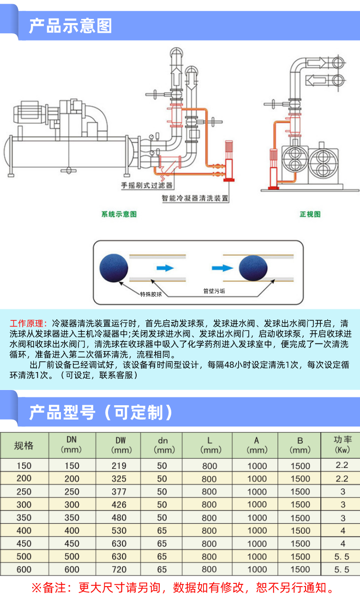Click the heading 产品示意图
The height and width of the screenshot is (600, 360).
click(x=70, y=26)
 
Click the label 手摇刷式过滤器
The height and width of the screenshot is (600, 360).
click(x=147, y=186)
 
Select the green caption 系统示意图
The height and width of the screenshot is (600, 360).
click(x=119, y=214)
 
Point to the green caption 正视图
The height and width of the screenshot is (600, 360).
click(x=310, y=214)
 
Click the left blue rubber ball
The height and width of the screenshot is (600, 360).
click(x=114, y=269)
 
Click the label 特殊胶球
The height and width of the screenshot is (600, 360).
click(x=151, y=294)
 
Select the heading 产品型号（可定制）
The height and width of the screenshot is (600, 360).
click(x=101, y=412)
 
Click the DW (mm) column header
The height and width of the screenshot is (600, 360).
click(x=119, y=445)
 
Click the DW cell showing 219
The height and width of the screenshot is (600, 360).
click(x=119, y=466)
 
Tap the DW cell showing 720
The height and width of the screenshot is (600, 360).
click(x=119, y=570)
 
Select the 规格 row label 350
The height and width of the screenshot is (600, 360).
click(x=24, y=517)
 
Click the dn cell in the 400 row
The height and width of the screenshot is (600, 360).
click(x=162, y=531)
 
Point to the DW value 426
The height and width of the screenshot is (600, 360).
click(x=119, y=504)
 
